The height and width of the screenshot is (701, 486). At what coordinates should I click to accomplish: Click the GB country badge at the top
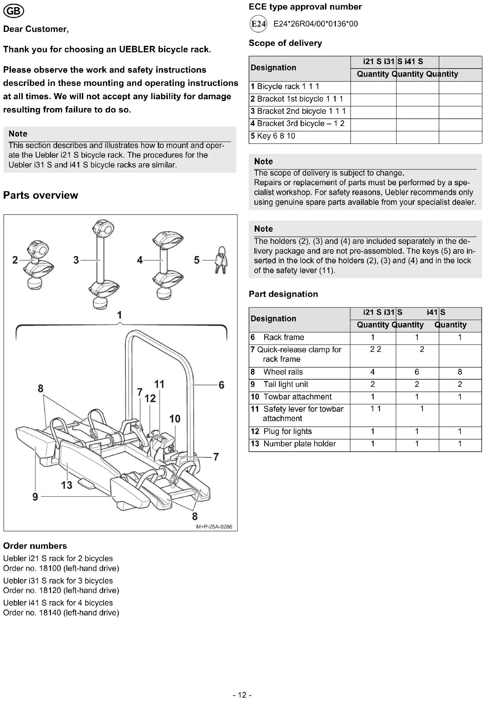pos(14,12)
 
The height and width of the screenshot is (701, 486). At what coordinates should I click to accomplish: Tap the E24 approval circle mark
pos(258,24)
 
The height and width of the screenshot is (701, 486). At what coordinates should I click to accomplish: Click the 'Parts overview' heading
pos(40,195)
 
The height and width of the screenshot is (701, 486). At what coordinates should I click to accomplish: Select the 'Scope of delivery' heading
pos(285,43)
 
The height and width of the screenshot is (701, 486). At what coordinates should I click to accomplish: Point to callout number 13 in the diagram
pos(67,485)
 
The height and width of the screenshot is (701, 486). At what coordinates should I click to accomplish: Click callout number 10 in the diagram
pos(175,419)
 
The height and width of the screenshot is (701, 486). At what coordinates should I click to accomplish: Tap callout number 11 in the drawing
pos(159,384)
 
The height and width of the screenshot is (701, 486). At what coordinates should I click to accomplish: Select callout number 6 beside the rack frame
pos(221,385)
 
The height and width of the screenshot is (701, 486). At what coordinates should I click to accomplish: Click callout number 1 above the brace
pos(119,315)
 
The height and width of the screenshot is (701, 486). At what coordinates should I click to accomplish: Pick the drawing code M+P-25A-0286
pos(214,527)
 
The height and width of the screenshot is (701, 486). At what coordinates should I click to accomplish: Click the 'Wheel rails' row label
pos(283,372)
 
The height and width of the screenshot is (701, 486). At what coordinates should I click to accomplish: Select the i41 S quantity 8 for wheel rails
pos(460,372)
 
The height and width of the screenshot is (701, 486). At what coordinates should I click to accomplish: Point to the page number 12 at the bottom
pos(242,695)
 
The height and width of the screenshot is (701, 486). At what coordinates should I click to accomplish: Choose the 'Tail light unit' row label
pos(286,384)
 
